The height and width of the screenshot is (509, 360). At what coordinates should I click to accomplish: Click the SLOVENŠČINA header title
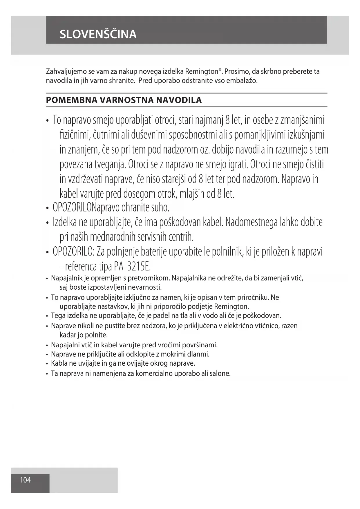pyautogui.click(x=98, y=34)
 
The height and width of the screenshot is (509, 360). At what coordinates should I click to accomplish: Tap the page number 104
pyautogui.click(x=26, y=480)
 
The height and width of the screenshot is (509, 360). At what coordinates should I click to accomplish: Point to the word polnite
pyautogui.click(x=96, y=335)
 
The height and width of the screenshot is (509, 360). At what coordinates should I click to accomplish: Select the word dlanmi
pyautogui.click(x=199, y=354)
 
